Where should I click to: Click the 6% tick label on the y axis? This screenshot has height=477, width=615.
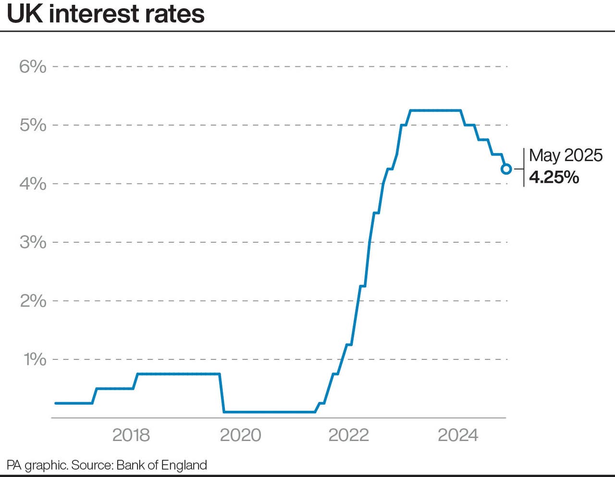pyautogui.click(x=33, y=67)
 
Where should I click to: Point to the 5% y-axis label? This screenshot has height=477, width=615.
pyautogui.click(x=33, y=125)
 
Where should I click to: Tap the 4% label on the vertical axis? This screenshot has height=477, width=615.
pyautogui.click(x=33, y=184)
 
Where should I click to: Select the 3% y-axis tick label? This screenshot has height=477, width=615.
pyautogui.click(x=33, y=242)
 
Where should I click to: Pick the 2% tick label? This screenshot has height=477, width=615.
pyautogui.click(x=33, y=301)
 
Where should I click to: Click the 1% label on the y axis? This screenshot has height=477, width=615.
pyautogui.click(x=35, y=359)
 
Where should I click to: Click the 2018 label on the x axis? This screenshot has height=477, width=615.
pyautogui.click(x=131, y=435)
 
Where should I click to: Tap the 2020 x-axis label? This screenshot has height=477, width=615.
pyautogui.click(x=240, y=435)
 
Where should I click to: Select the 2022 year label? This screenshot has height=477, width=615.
pyautogui.click(x=348, y=435)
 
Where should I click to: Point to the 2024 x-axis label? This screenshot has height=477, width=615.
pyautogui.click(x=458, y=435)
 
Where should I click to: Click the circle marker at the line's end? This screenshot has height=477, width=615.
pyautogui.click(x=506, y=169)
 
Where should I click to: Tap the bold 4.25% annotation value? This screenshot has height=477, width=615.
pyautogui.click(x=554, y=178)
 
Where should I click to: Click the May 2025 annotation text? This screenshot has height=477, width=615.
pyautogui.click(x=566, y=155)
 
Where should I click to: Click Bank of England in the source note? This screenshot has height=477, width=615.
pyautogui.click(x=161, y=465)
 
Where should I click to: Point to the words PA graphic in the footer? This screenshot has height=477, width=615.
pyautogui.click(x=37, y=465)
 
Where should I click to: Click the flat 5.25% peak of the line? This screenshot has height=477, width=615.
pyautogui.click(x=435, y=110)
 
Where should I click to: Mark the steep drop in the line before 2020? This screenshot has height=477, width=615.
pyautogui.click(x=222, y=393)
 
